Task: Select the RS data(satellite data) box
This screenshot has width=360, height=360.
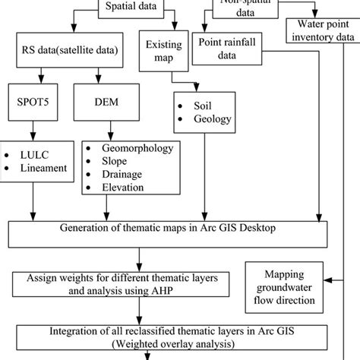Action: click(x=71, y=52)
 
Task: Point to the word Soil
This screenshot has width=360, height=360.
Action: click(x=201, y=104)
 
